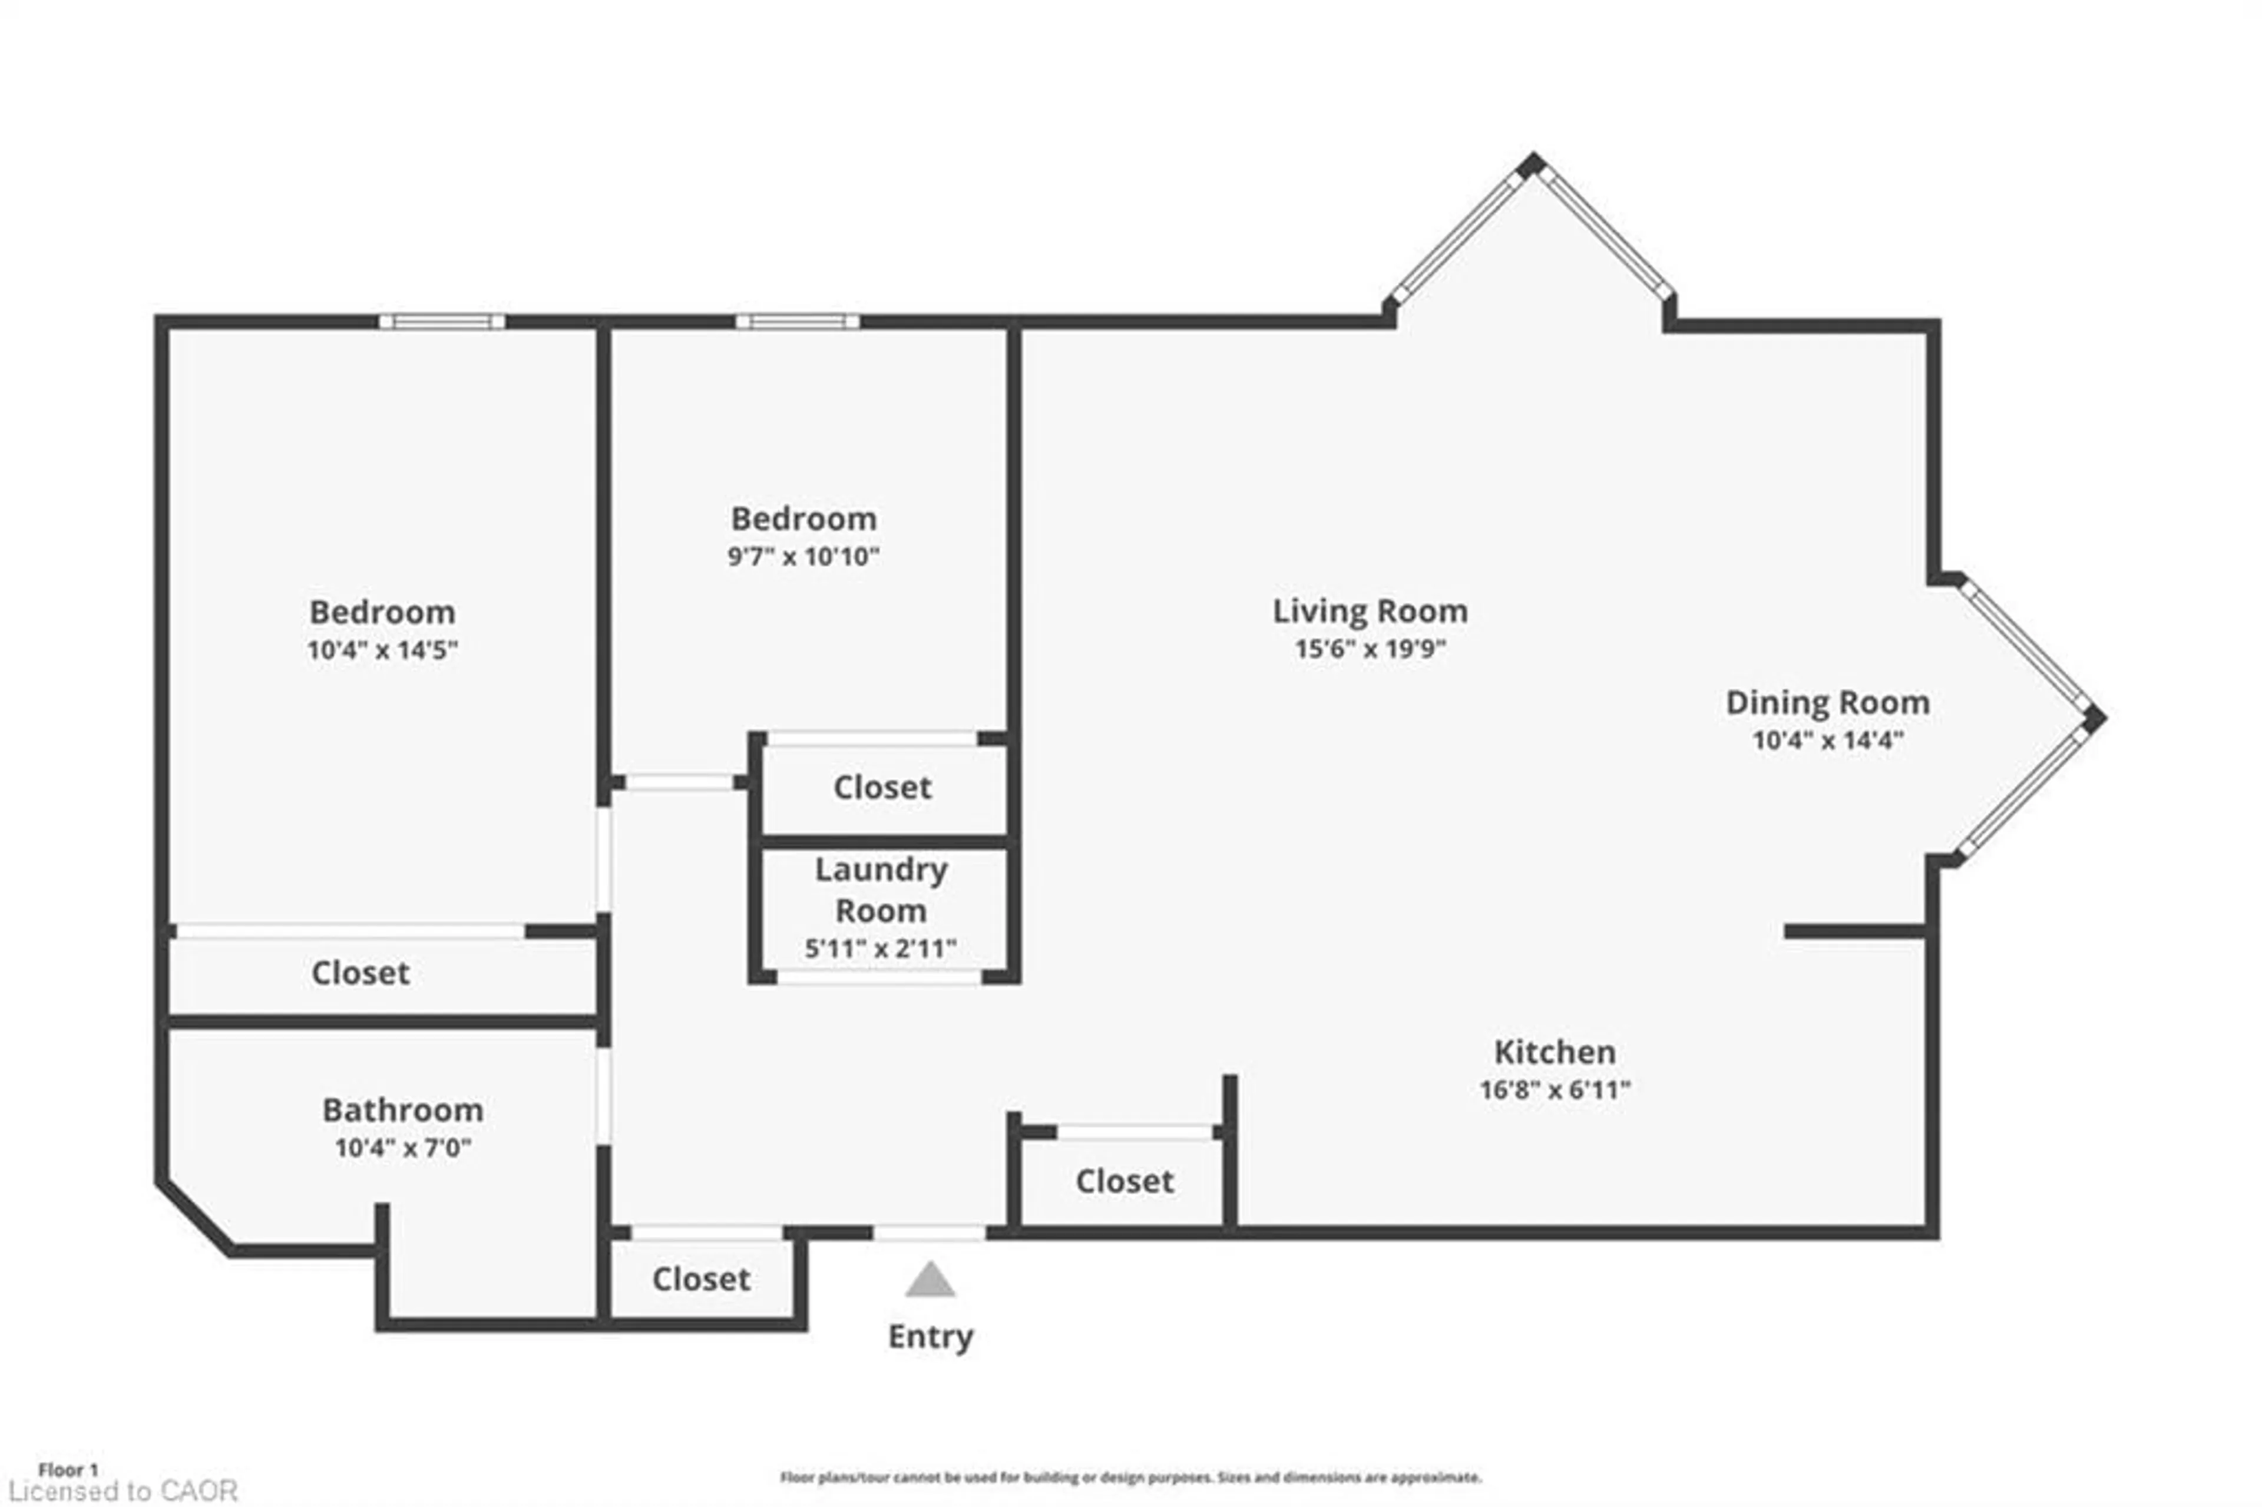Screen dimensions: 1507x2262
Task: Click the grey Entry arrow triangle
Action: [x=929, y=1282]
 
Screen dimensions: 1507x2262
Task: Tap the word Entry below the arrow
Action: [x=929, y=1337]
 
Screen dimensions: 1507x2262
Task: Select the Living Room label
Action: [x=1370, y=612]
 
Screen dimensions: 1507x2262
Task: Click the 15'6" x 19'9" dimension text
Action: [x=1370, y=649]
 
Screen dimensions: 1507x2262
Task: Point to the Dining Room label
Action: [x=1827, y=703]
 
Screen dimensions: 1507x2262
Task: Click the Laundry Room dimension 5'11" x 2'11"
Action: [x=879, y=949]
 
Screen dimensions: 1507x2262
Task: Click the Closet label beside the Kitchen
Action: [x=1123, y=1181]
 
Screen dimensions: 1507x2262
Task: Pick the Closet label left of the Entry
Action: [x=700, y=1279]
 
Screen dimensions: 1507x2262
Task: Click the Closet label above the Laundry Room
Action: [x=881, y=787]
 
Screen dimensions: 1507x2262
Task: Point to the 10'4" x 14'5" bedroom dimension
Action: [x=382, y=650]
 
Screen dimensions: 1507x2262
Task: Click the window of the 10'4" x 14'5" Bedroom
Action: [x=441, y=321]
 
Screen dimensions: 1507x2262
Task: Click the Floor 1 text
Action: [x=67, y=1469]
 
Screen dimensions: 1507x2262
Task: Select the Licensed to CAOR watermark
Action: [x=122, y=1491]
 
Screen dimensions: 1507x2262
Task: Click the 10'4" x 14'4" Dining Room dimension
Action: [x=1827, y=740]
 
